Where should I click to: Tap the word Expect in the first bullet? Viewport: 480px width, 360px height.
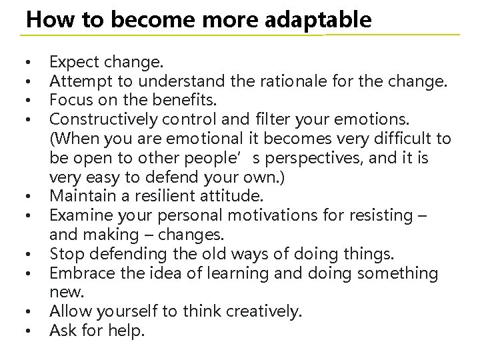[73, 63]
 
